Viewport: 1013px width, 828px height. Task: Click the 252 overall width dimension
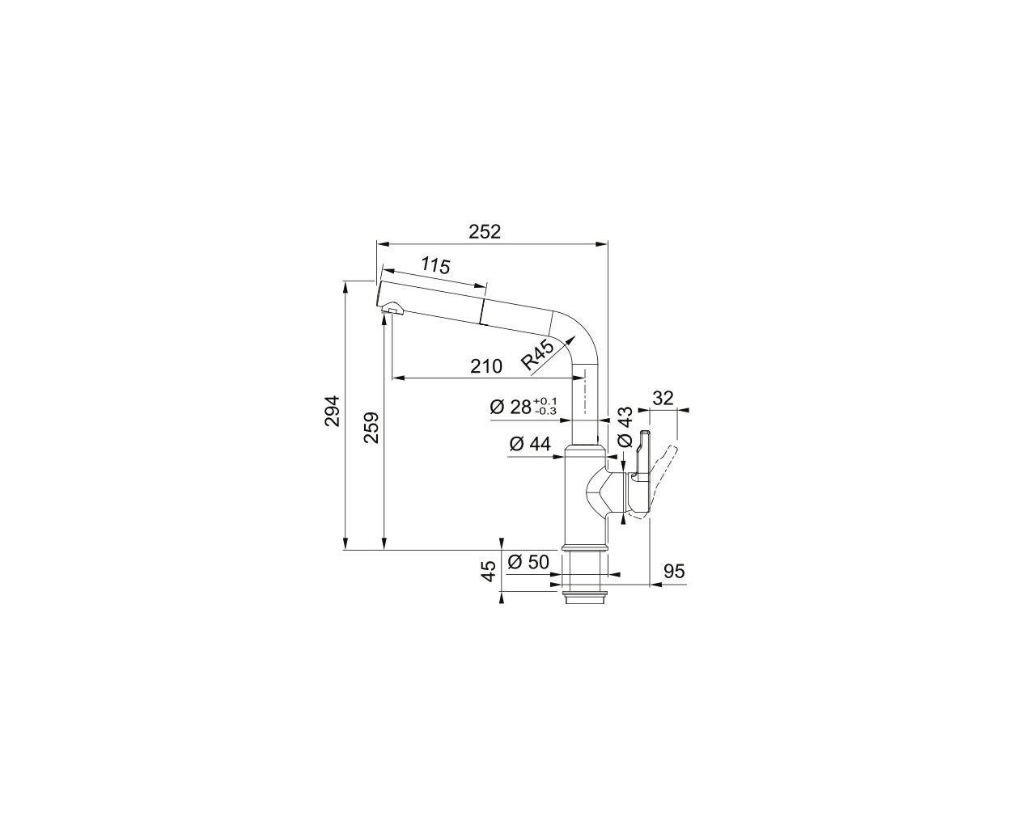[x=485, y=232]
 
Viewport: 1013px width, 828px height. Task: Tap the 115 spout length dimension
[x=435, y=265]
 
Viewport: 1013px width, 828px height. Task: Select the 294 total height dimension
[x=332, y=411]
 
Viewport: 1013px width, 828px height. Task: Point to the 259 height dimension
[x=371, y=427]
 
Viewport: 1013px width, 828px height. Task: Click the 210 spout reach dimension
[x=486, y=367]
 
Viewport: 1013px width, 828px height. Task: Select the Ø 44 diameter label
[x=530, y=445]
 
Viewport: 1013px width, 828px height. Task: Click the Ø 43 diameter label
[x=625, y=427]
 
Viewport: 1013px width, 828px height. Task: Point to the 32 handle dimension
[x=663, y=398]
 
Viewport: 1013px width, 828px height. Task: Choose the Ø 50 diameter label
[x=528, y=562]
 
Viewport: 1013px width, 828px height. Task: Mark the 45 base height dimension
[x=488, y=571]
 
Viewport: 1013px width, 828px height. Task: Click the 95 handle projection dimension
[x=674, y=572]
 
